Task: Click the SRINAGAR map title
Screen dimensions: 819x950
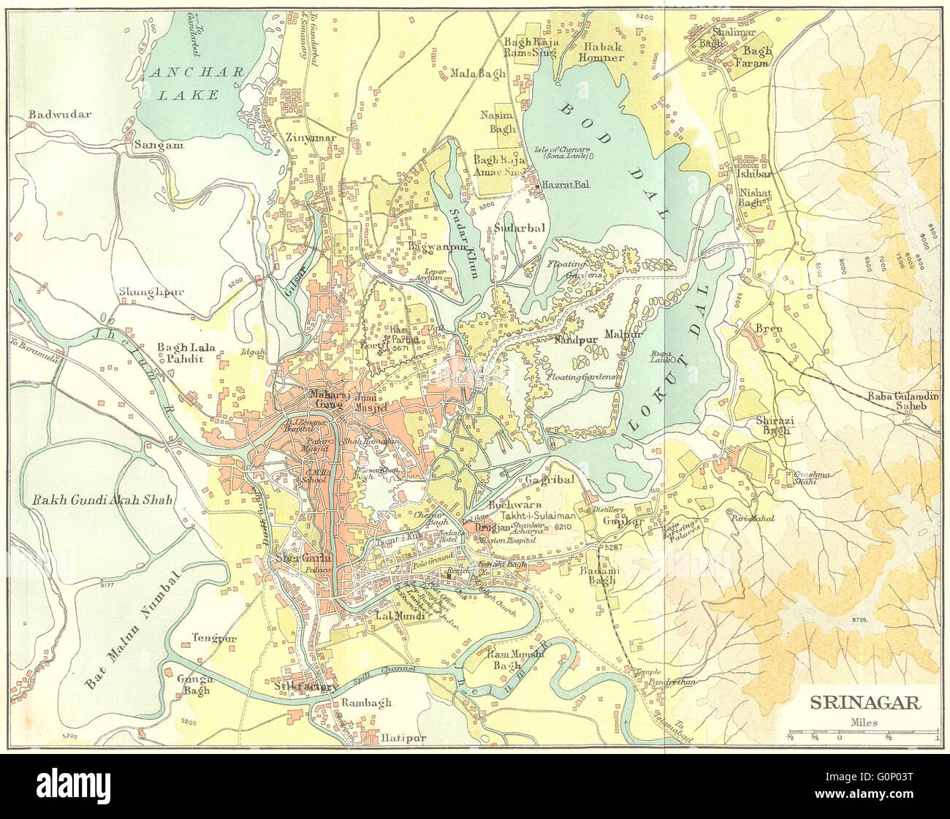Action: click(x=863, y=704)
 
